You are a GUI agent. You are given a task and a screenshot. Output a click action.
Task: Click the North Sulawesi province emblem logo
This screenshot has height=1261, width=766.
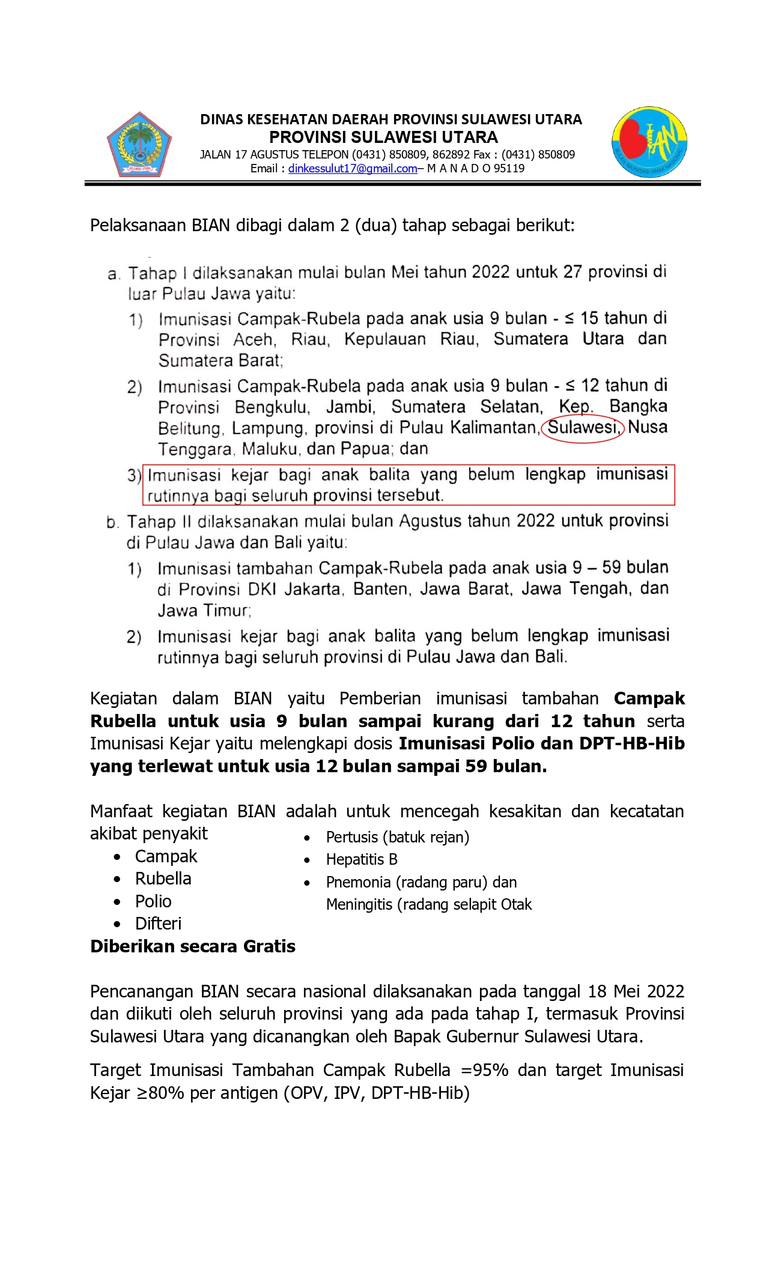(139, 144)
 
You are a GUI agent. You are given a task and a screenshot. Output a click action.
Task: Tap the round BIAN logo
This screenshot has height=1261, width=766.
(649, 142)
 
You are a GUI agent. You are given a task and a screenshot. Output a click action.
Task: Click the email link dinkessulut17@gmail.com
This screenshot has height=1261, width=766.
(352, 169)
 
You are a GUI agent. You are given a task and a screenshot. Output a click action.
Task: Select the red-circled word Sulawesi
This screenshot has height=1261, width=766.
(582, 428)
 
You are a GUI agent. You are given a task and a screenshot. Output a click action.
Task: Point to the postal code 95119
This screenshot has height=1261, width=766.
(509, 169)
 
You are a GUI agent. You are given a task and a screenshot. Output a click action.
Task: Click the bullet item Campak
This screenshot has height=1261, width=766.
(166, 856)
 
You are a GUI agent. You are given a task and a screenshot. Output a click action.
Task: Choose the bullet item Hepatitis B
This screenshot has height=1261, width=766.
(362, 859)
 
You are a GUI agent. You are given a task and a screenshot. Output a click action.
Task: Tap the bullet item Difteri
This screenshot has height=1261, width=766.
(158, 924)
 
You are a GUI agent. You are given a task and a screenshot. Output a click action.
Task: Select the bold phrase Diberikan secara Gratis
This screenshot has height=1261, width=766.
(193, 946)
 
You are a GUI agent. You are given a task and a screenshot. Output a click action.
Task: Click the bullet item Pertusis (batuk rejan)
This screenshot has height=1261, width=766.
(397, 837)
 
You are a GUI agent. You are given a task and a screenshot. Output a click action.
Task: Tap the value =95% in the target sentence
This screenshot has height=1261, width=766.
(485, 1070)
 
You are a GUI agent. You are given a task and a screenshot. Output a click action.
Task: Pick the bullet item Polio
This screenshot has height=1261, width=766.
(153, 901)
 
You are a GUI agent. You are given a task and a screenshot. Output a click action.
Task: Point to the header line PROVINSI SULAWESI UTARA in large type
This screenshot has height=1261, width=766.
(383, 137)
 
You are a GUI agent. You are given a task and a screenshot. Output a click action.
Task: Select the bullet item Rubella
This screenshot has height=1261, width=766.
(163, 878)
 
